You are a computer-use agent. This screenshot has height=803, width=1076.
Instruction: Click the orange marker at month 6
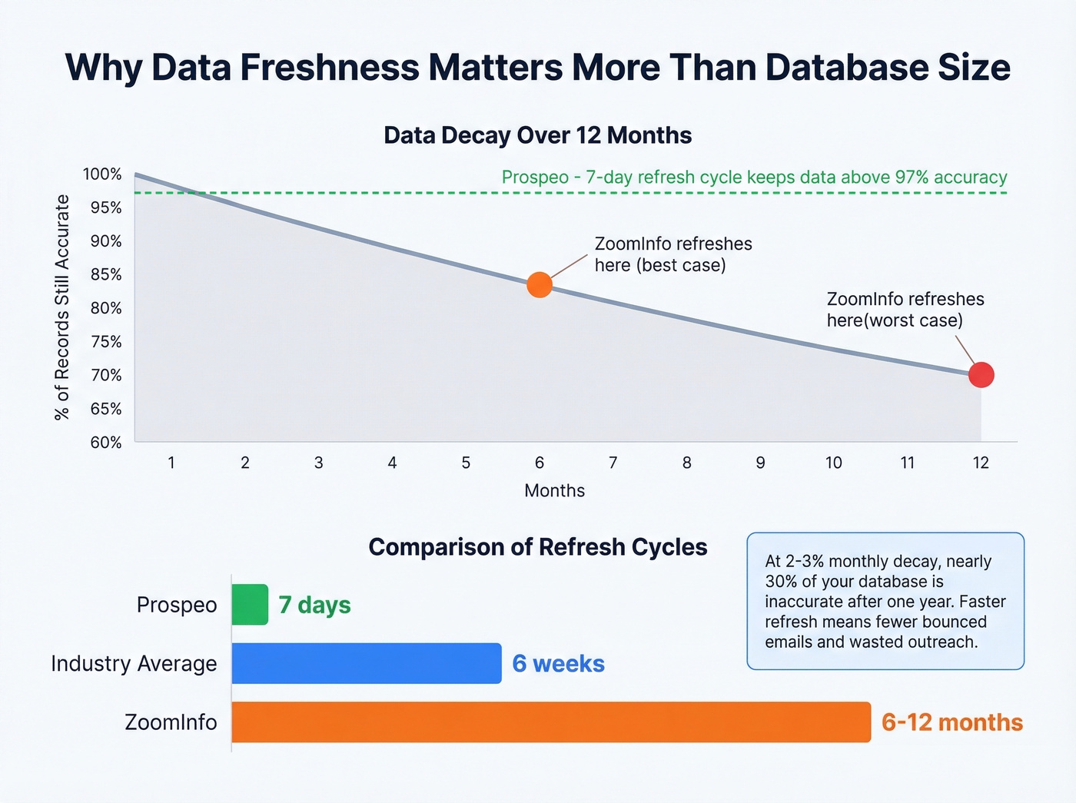[x=540, y=284]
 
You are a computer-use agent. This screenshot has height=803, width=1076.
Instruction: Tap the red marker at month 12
[x=981, y=375]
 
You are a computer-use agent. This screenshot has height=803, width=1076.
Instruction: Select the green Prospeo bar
[x=250, y=605]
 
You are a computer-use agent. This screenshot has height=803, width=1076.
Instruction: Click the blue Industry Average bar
[x=366, y=663]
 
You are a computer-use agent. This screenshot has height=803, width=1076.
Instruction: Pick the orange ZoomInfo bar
[x=550, y=722]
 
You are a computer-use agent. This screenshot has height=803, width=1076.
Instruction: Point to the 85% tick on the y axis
[x=106, y=274]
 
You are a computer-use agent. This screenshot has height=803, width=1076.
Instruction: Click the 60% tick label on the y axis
[x=106, y=443]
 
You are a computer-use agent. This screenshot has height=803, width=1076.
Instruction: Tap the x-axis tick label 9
[x=760, y=463]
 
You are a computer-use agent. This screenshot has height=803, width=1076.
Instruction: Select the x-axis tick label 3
[x=318, y=463]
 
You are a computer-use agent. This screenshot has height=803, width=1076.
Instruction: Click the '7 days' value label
[x=314, y=606]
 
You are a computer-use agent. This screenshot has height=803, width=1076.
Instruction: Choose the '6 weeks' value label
[x=558, y=664]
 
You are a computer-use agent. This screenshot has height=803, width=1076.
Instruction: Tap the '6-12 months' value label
[x=951, y=723]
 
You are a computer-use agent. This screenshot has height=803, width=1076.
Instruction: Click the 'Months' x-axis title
[x=554, y=491]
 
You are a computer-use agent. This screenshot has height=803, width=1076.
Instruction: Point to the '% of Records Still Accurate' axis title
[x=62, y=307]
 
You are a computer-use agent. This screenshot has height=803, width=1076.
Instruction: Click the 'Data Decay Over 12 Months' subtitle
[x=537, y=135]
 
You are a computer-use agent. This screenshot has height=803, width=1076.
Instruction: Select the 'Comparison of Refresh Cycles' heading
[x=537, y=547]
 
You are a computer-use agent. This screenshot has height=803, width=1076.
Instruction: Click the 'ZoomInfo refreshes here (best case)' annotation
[x=672, y=254]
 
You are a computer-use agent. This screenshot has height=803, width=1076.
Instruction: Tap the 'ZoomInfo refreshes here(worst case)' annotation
[x=905, y=310]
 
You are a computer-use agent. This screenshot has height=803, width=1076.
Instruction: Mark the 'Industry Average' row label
[x=134, y=664]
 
